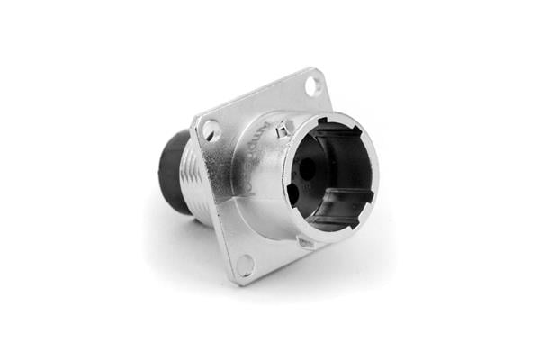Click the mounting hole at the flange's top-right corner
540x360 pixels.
coord(312,86)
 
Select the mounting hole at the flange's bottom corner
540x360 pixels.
coord(245,263)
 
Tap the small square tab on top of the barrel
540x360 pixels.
coord(282,134)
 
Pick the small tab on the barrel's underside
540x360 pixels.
coord(305,242)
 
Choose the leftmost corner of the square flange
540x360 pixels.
coord(193,121)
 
